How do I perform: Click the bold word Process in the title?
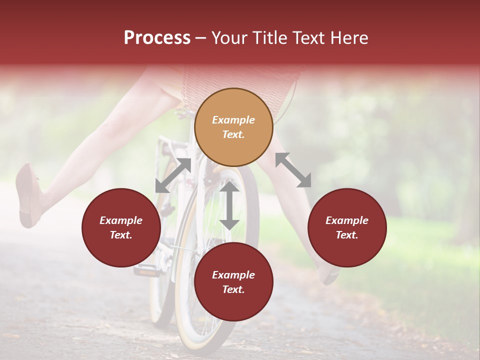pyautogui.click(x=157, y=38)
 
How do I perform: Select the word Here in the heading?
pyautogui.click(x=350, y=38)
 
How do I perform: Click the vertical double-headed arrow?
pyautogui.click(x=229, y=205)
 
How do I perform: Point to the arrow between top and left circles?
pyautogui.click(x=173, y=175)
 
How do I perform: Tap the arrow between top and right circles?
pyautogui.click(x=293, y=170)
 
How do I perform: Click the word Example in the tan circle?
pyautogui.click(x=233, y=120)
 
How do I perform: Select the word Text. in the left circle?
pyautogui.click(x=121, y=235)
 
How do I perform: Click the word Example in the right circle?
pyautogui.click(x=347, y=220)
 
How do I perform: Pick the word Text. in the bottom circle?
pyautogui.click(x=233, y=289)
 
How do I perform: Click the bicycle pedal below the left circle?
pyautogui.click(x=146, y=270)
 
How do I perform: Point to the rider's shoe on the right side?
pyautogui.click(x=330, y=275)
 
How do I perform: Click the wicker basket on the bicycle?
pyautogui.click(x=240, y=80)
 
